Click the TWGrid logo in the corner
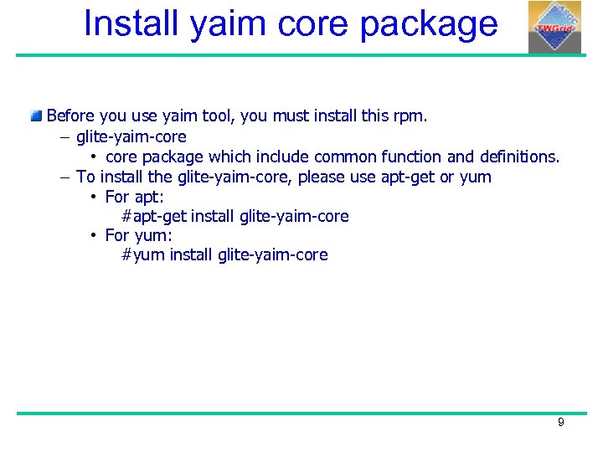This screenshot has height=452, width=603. click(554, 27)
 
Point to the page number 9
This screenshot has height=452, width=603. click(561, 423)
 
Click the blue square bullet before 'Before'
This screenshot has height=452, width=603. click(36, 116)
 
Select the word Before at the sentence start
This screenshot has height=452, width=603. click(70, 116)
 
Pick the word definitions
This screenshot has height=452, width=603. click(519, 157)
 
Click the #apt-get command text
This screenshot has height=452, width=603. click(155, 217)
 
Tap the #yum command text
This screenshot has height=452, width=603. click(143, 254)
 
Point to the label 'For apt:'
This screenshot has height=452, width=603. click(134, 198)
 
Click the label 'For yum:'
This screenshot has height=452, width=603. click(138, 235)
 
